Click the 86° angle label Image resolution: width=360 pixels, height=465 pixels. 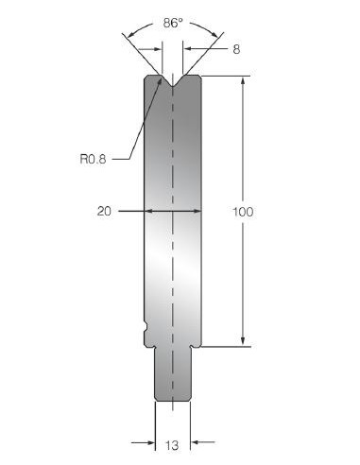tap(173, 23)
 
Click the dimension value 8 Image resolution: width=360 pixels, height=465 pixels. tap(236, 49)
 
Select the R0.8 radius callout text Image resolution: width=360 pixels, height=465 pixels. tap(93, 159)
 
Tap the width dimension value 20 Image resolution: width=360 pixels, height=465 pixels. tap(104, 211)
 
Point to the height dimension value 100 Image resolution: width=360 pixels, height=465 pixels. tap(243, 212)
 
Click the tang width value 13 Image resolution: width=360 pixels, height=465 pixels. tap(172, 445)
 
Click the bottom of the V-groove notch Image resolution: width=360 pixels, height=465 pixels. tap(173, 87)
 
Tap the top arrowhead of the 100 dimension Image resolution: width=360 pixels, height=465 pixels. tap(243, 80)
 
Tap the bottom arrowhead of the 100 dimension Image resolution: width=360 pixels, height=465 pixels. tap(243, 341)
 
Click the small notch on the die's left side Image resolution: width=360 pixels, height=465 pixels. tap(146, 327)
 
